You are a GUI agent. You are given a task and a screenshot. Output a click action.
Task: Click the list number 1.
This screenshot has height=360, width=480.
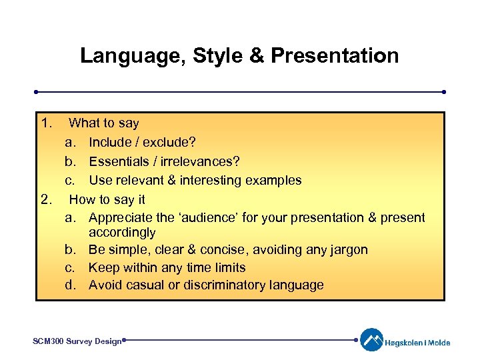click(x=45, y=123)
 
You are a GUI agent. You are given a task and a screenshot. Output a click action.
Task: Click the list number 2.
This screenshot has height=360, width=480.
click(x=45, y=199)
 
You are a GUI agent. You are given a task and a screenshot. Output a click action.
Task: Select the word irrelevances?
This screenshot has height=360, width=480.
click(x=199, y=161)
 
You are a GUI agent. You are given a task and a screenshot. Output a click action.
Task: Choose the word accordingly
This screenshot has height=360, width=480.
click(x=122, y=233)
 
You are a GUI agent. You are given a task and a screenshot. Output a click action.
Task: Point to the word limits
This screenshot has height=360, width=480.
click(x=227, y=268)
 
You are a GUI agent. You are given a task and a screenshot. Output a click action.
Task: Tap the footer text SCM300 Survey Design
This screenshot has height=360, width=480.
click(x=77, y=341)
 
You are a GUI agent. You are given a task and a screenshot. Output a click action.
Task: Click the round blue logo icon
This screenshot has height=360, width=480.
click(x=371, y=340)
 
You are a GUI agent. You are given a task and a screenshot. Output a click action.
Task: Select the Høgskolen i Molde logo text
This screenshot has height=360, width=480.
click(x=417, y=343)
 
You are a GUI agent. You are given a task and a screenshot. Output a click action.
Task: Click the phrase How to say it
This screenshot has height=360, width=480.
click(x=107, y=199)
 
